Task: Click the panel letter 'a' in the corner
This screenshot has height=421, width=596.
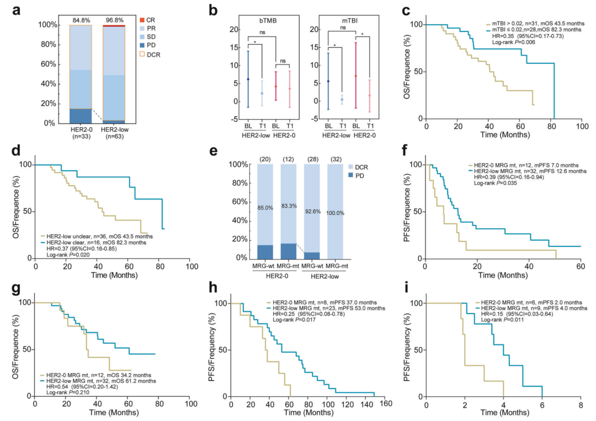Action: tap(9, 9)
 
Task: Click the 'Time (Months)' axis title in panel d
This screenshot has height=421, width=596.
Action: tap(114, 274)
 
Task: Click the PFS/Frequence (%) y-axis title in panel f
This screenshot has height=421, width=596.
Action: tap(406, 212)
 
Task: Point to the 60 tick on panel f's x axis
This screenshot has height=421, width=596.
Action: tap(581, 267)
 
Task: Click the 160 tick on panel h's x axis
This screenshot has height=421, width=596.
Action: tap(385, 405)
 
